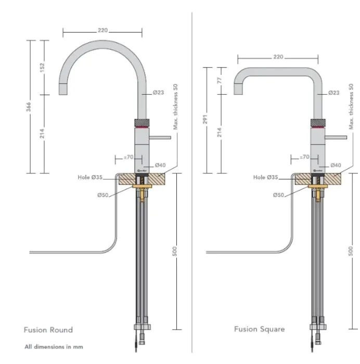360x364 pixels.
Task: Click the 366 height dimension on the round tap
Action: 29,107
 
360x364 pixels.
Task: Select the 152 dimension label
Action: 43,68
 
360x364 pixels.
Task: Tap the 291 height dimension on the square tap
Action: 206,120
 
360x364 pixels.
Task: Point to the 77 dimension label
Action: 220,81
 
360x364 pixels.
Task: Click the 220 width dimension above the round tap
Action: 102,31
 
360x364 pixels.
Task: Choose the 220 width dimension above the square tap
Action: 278,57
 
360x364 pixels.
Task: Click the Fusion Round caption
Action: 48,330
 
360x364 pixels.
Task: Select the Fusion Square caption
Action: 259,329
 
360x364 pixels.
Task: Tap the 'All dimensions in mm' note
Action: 54,346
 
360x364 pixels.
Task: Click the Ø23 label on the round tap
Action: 159,93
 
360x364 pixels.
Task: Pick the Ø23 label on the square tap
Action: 334,93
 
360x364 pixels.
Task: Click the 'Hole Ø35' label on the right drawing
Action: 266,177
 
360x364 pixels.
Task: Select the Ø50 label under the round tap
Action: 103,195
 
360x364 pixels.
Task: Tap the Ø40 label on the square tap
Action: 336,165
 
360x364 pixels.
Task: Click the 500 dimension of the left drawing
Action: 175,251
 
